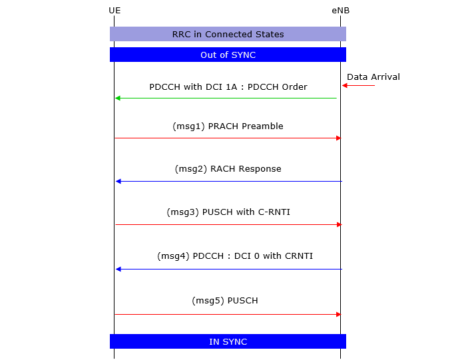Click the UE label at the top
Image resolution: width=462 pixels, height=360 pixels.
tap(115, 11)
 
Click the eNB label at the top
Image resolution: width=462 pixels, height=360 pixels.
tap(341, 11)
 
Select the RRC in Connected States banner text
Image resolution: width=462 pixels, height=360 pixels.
tap(228, 34)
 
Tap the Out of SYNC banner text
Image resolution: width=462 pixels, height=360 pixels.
tap(228, 55)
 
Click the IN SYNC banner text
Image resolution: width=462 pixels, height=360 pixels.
tap(228, 342)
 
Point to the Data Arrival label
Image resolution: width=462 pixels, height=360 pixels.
tap(373, 77)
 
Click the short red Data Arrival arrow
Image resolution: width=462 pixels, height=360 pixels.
tap(358, 85)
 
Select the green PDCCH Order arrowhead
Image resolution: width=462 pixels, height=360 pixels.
tap(118, 98)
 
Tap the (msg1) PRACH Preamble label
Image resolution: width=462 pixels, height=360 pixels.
tap(228, 126)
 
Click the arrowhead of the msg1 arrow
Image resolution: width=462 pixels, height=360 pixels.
tap(339, 138)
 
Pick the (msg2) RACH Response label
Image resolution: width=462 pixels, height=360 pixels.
tap(228, 169)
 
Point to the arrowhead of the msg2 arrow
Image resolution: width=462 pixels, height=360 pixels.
tap(118, 181)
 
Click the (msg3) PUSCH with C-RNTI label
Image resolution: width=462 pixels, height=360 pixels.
tap(228, 212)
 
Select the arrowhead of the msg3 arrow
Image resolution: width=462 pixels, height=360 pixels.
tap(339, 224)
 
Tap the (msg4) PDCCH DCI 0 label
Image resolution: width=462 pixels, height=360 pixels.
tap(235, 256)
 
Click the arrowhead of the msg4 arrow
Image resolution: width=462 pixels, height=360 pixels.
tap(118, 269)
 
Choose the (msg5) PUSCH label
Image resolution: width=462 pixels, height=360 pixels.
tap(225, 301)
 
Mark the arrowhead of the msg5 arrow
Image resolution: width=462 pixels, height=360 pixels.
tap(339, 314)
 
